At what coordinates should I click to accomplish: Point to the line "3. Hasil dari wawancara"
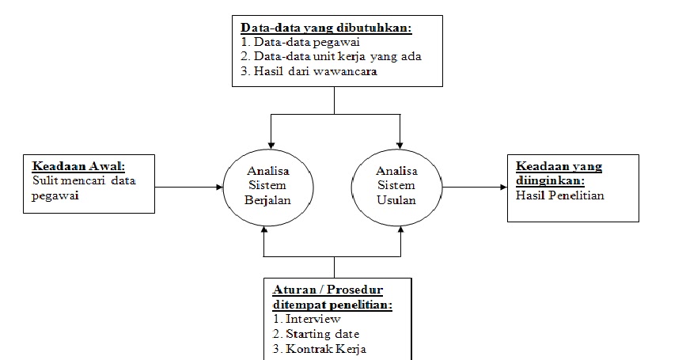(308, 71)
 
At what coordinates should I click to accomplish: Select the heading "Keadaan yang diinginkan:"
(559, 173)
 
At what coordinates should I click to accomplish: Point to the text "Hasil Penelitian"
(559, 195)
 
